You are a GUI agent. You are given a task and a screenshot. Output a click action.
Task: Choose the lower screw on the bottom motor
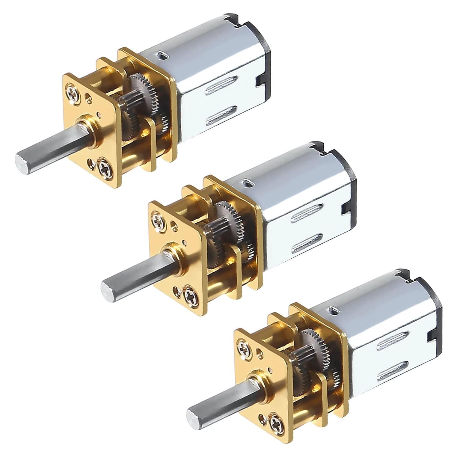click(276, 421)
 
